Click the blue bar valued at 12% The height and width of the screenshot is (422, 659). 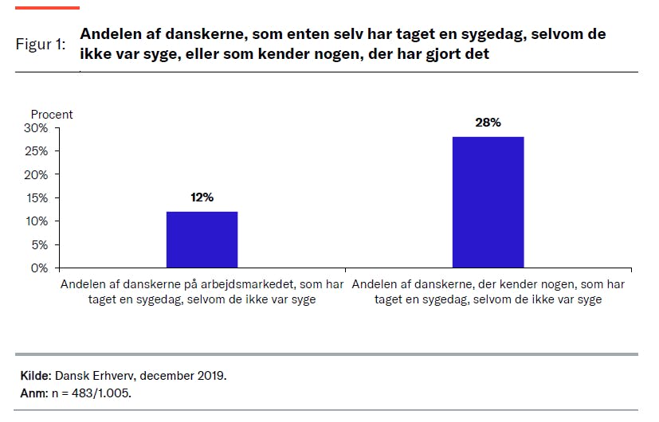(x=202, y=240)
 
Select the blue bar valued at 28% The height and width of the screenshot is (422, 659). (x=488, y=202)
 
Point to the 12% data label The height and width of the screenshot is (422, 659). (x=202, y=197)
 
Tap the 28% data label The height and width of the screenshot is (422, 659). (x=488, y=123)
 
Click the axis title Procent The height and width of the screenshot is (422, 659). (x=52, y=114)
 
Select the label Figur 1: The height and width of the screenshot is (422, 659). (x=41, y=45)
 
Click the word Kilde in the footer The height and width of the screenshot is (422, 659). (x=35, y=374)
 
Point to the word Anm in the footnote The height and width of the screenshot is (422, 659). (x=32, y=393)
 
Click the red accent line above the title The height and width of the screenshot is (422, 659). (x=49, y=7)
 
